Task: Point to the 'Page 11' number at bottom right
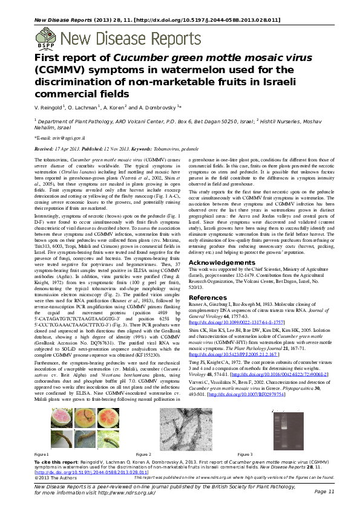click(x=324, y=491)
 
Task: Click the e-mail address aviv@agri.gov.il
click(x=61, y=138)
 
